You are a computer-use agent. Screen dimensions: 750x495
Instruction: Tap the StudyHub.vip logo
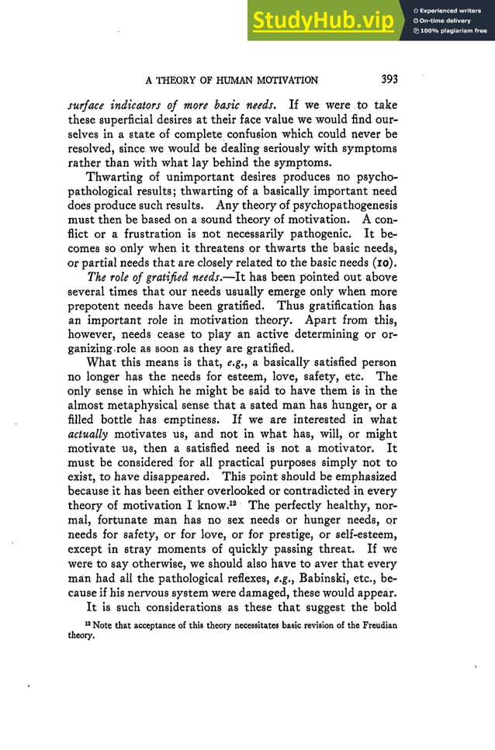(x=322, y=21)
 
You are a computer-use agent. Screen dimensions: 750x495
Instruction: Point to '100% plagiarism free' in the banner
(x=453, y=31)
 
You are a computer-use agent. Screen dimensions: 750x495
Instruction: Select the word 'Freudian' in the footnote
(x=375, y=626)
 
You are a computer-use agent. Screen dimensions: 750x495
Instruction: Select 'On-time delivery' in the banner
(x=446, y=21)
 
